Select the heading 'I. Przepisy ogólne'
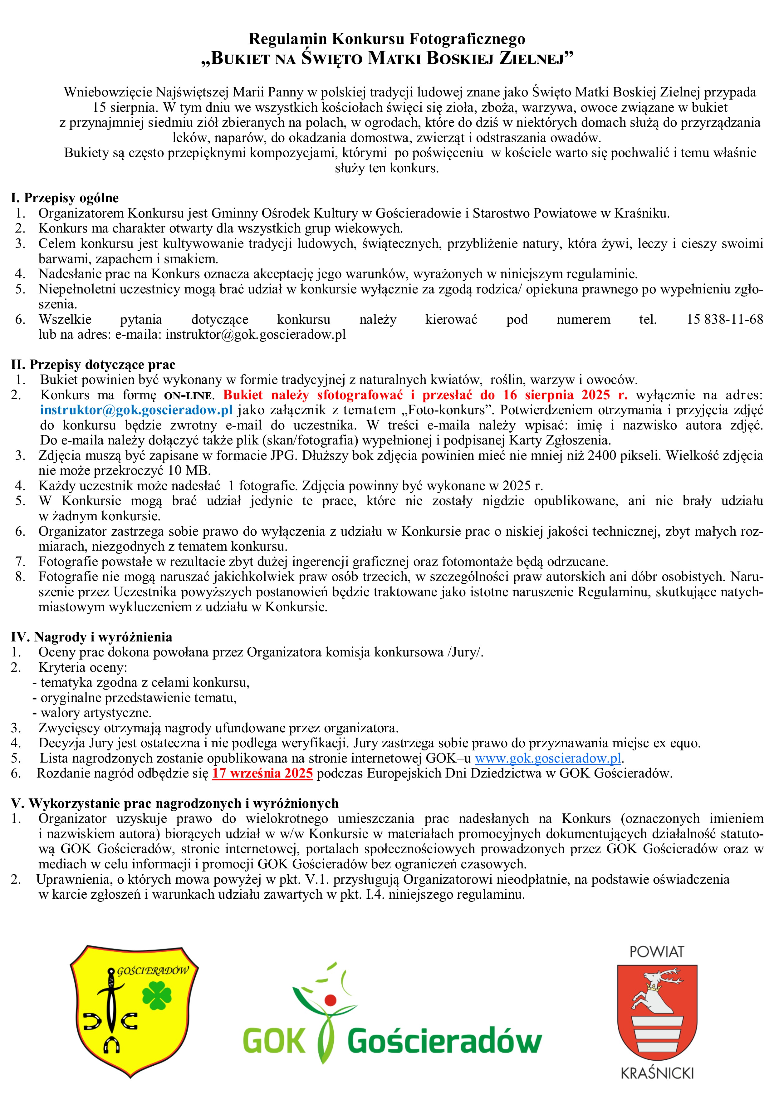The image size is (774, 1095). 65,198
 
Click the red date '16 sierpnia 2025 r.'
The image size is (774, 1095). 565,395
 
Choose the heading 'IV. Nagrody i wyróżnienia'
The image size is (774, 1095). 91,637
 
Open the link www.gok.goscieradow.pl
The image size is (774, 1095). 548,758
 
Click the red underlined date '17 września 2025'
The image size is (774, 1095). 262,773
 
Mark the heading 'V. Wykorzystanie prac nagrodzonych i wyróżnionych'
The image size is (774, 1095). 174,803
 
